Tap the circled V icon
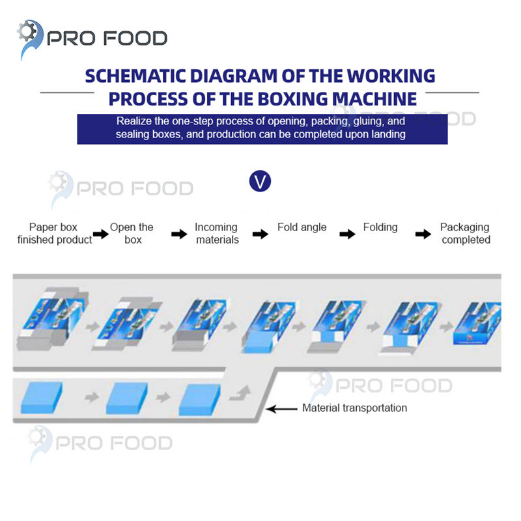pos(260,181)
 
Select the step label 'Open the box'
pos(132,233)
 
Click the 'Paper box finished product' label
pos(54,233)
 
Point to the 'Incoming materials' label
pos(216,233)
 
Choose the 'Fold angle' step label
pos(302,227)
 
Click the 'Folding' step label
pos(380,227)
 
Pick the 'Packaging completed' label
pos(465,233)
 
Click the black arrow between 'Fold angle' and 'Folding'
pos(348,234)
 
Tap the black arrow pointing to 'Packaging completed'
pos(425,234)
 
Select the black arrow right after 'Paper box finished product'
pos(100,234)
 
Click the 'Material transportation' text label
pos(354,408)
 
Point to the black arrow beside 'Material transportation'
pos(281,409)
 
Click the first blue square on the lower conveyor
pos(42,397)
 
